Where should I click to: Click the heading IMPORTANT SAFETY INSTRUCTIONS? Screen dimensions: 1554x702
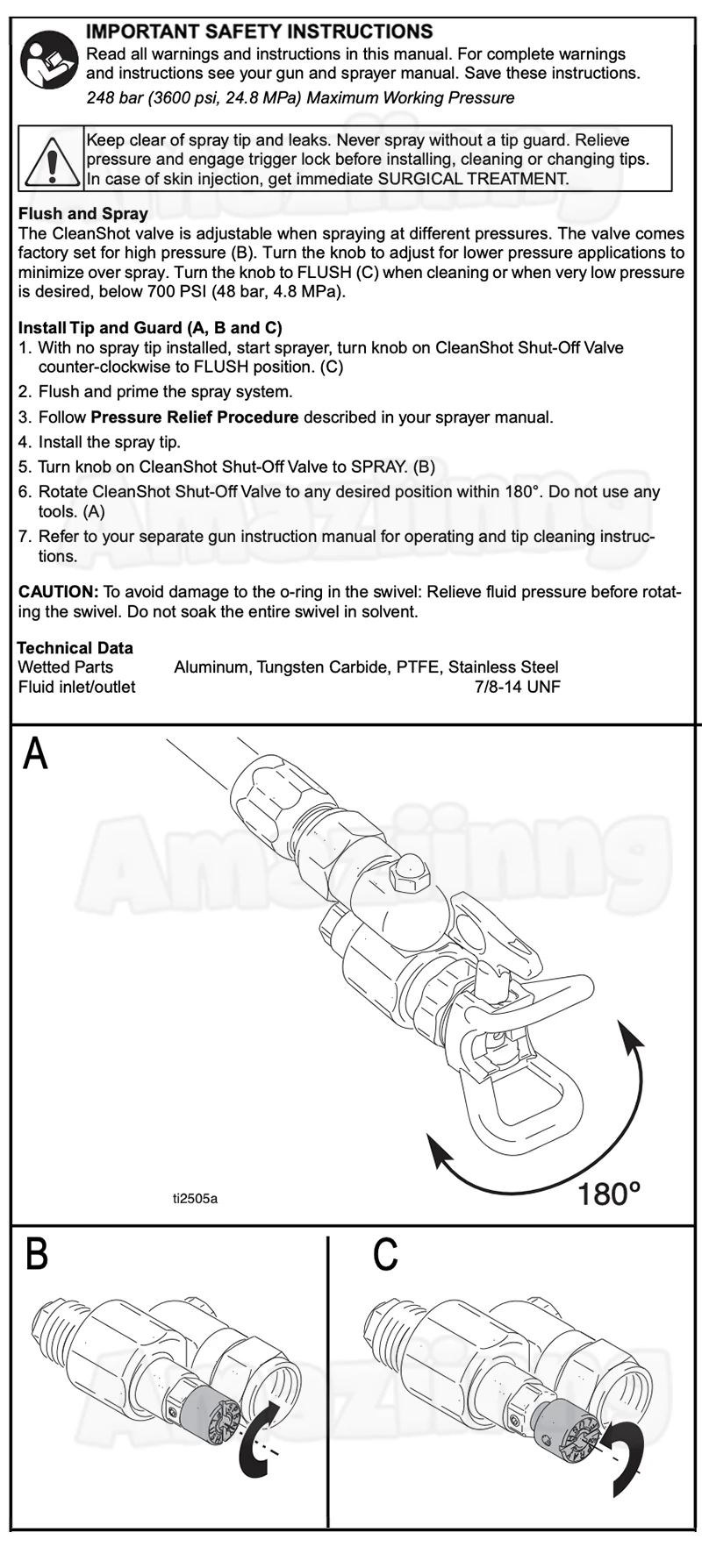click(260, 32)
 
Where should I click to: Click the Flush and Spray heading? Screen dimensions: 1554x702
click(83, 213)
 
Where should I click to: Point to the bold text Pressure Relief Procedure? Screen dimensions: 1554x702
click(195, 417)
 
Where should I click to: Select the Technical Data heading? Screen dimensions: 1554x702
click(75, 648)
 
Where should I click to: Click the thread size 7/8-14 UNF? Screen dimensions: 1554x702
click(517, 687)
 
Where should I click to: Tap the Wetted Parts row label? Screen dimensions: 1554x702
click(66, 667)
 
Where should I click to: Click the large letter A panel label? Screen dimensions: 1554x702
click(35, 753)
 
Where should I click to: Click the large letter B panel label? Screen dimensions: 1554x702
click(36, 1255)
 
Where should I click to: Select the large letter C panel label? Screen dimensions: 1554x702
click(385, 1255)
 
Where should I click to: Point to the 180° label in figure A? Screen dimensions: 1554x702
click(610, 1194)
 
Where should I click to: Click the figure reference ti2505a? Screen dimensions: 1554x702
click(195, 1197)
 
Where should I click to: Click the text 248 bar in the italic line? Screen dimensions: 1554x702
click(114, 97)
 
